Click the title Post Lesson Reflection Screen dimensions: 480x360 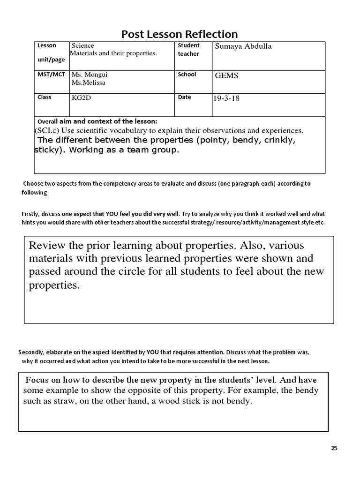point(180,34)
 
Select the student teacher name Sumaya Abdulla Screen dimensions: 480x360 point(243,46)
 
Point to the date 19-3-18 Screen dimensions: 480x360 point(226,98)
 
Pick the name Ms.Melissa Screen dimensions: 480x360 point(88,83)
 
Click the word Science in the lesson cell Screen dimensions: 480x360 point(82,45)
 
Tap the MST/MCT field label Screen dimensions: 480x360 point(52,75)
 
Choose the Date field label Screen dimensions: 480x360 point(184,97)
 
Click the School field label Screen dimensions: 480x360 point(187,75)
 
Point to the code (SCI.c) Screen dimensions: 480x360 point(46,130)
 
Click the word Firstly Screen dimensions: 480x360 point(31,214)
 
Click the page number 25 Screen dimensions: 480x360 point(334,448)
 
